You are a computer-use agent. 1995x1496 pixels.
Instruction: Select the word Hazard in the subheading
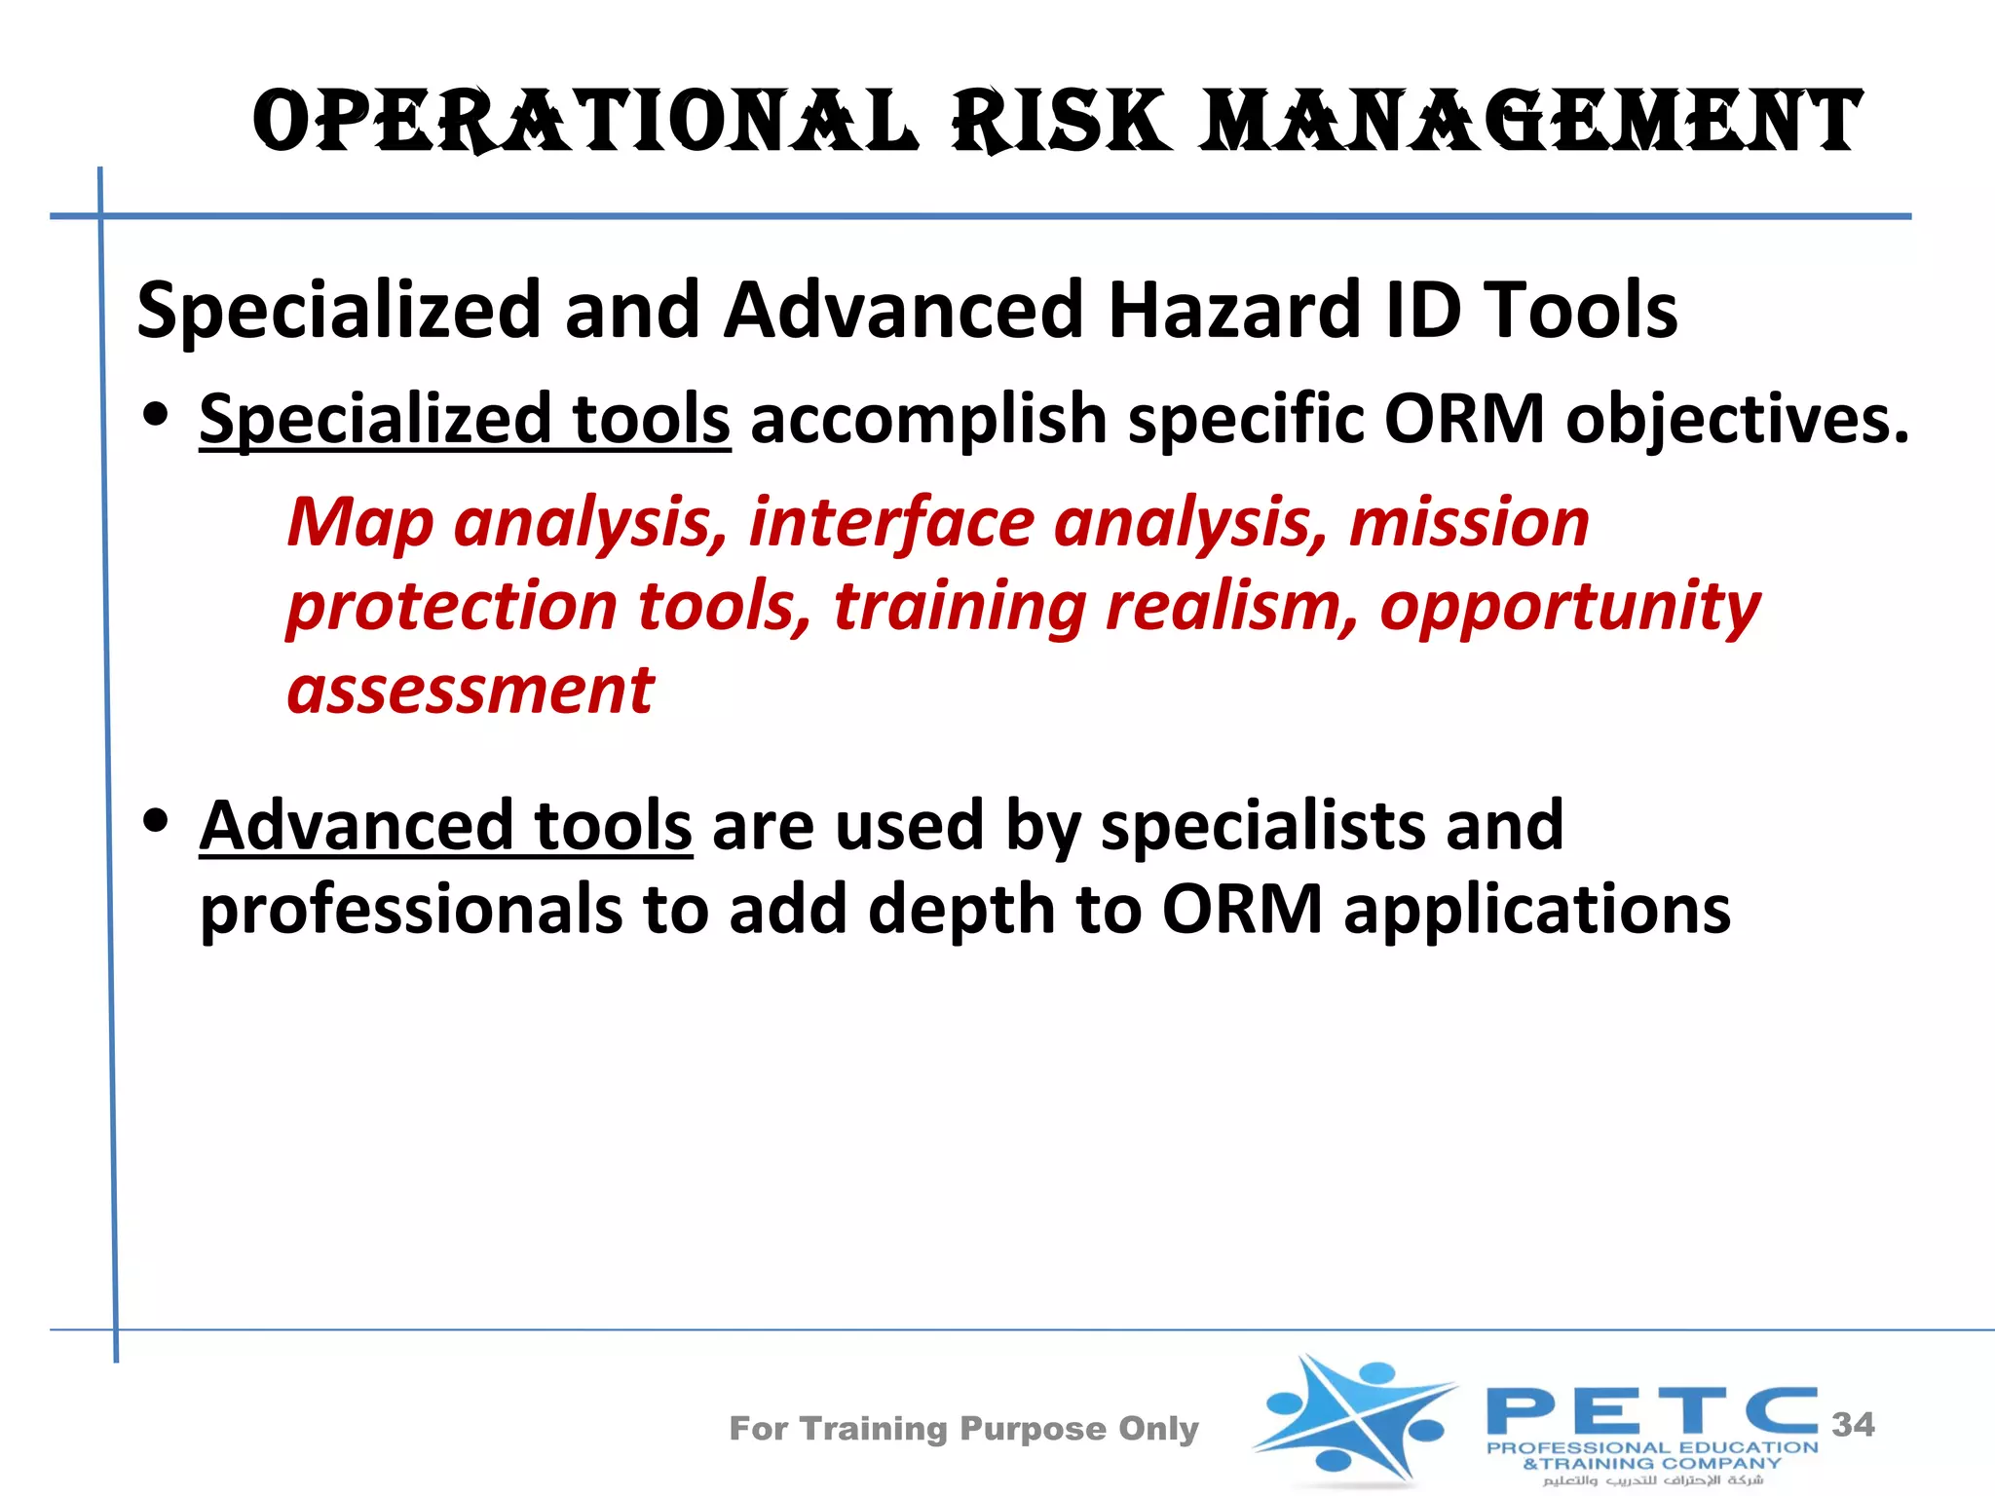(1234, 310)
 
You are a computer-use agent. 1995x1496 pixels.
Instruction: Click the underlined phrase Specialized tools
(465, 419)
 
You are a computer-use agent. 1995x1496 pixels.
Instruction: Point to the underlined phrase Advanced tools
(446, 826)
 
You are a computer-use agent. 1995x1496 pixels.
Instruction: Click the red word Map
(359, 523)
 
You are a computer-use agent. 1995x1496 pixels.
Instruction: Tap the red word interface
(890, 523)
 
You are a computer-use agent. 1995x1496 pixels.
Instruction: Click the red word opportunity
(1569, 607)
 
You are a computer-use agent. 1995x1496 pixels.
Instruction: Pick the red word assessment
(471, 691)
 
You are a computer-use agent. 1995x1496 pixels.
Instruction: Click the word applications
(1536, 910)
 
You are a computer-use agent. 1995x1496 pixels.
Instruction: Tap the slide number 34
(1853, 1425)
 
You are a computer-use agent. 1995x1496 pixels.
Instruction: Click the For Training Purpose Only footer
(963, 1429)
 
